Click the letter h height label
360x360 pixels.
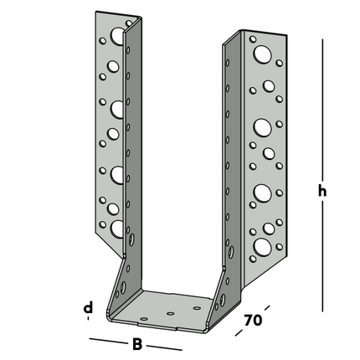322,192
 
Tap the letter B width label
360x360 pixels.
136,343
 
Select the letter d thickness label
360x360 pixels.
88,310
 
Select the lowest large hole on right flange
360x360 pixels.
263,245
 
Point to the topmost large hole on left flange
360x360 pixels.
116,40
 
